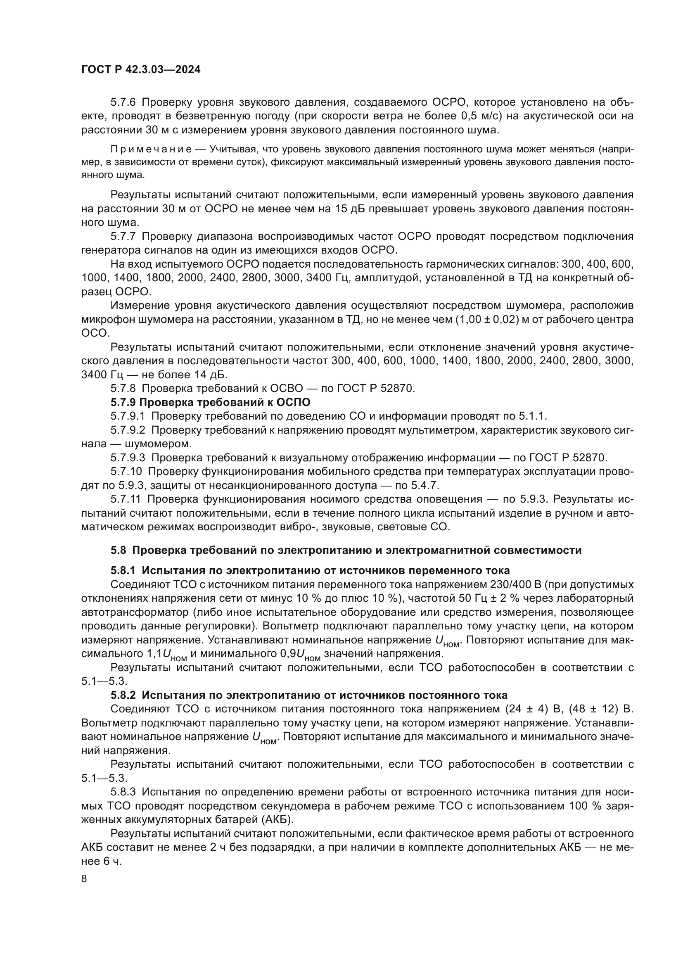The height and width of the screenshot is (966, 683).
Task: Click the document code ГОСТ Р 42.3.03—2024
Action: pyautogui.click(x=141, y=70)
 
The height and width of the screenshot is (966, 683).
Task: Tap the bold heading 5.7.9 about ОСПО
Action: pyautogui.click(x=210, y=402)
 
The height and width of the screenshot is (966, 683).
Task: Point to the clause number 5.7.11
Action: pyautogui.click(x=126, y=499)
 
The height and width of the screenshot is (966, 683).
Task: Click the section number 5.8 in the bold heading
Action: pyautogui.click(x=118, y=550)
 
